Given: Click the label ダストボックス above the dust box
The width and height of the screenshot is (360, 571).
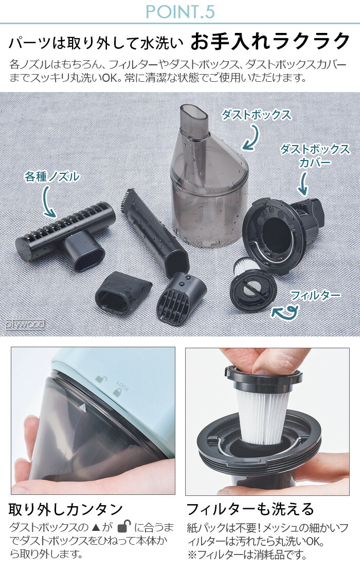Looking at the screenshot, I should point(256,115).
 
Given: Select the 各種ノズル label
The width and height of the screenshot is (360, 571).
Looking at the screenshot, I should point(52,177).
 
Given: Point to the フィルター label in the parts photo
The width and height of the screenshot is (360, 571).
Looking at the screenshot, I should point(315,295).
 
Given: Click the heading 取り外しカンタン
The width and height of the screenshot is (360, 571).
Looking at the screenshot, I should point(66,510).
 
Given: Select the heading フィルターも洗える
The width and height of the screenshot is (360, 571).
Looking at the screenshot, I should point(250,510).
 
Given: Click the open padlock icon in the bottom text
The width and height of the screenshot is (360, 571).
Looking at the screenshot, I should point(124,527).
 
